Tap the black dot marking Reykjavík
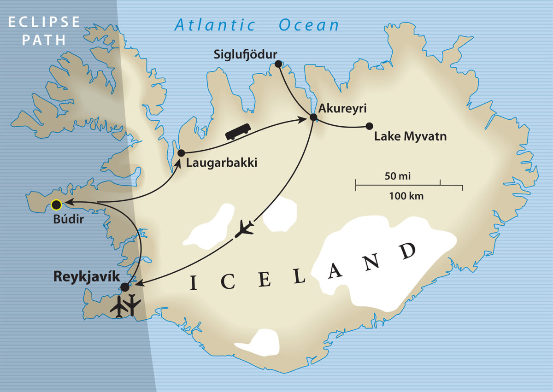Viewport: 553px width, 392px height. [x=124, y=287]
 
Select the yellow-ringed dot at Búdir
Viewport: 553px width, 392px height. [x=56, y=205]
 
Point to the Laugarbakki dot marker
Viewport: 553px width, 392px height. [x=181, y=153]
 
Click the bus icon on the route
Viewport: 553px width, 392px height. [x=238, y=131]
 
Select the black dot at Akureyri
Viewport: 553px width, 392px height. [x=313, y=117]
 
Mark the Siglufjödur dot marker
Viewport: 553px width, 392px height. [x=278, y=64]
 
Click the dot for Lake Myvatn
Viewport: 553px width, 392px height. [x=369, y=126]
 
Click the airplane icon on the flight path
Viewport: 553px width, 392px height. [x=244, y=229]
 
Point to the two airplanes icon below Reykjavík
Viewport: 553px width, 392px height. [x=126, y=305]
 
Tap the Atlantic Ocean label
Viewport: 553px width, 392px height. [x=257, y=25]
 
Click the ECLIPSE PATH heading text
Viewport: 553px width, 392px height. [x=44, y=31]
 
